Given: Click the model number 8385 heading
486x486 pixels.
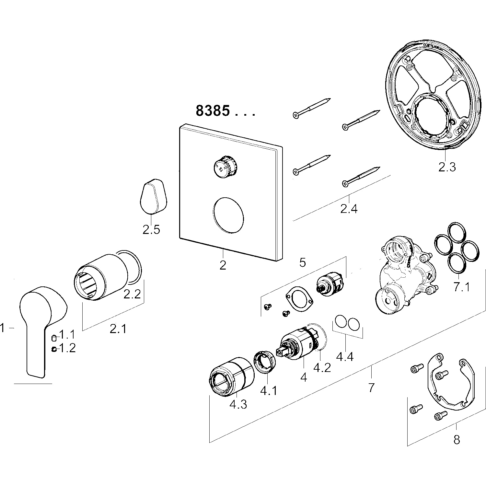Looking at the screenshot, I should (x=213, y=111).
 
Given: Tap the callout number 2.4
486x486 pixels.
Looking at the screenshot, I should (x=349, y=209).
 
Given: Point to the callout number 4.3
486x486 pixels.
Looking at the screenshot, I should (x=238, y=404).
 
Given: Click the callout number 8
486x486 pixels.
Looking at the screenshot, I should (x=457, y=440).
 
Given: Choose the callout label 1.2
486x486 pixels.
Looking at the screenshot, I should (x=67, y=348).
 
